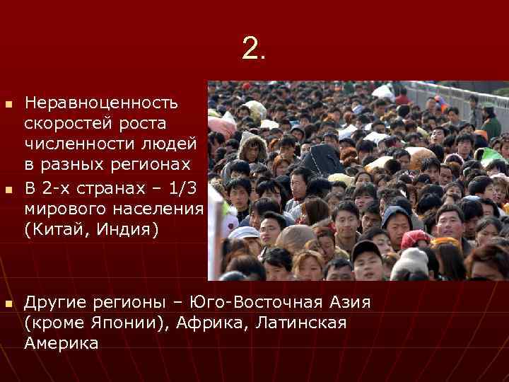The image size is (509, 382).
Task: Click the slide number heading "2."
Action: [x=254, y=48]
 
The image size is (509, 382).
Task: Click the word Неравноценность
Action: [x=101, y=103]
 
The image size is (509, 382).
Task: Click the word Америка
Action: [x=62, y=344]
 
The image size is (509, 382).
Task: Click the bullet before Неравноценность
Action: [x=8, y=105]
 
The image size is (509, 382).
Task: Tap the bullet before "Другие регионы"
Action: [x=8, y=304]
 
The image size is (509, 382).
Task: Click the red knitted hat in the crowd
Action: [x=415, y=238]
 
